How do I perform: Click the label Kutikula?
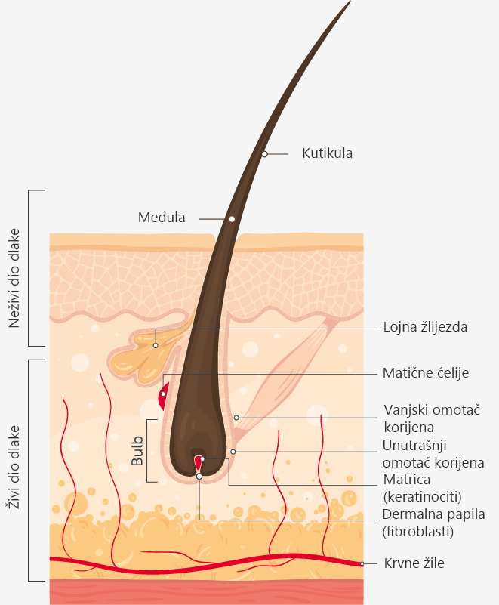click(327, 153)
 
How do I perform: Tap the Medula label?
click(162, 218)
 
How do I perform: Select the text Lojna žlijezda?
click(425, 327)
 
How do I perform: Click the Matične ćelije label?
click(425, 373)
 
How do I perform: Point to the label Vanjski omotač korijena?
click(432, 418)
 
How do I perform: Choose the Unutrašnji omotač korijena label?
click(433, 454)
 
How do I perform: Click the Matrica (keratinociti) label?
click(422, 488)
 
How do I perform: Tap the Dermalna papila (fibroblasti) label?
click(433, 523)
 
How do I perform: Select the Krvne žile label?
click(414, 563)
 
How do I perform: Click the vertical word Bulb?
click(137, 451)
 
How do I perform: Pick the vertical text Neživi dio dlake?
click(14, 278)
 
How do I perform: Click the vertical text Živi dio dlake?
click(14, 468)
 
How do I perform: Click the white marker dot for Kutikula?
click(264, 154)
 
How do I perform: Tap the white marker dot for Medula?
click(232, 219)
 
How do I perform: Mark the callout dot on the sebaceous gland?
click(156, 346)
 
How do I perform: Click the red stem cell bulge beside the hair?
click(164, 397)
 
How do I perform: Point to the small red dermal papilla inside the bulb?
click(199, 462)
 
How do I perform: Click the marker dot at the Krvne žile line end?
click(362, 563)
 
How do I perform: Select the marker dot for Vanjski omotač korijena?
click(236, 418)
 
